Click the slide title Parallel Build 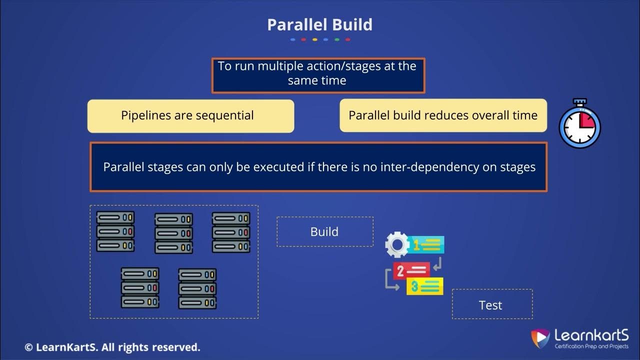click(319, 24)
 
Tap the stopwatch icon click(579, 124)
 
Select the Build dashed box click(324, 231)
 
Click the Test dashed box click(492, 304)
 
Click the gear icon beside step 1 click(397, 244)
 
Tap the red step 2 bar click(411, 270)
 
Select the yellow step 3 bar click(425, 286)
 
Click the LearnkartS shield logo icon click(540, 338)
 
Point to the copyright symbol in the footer click(29, 347)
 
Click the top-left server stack click(115, 231)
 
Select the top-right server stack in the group click(231, 232)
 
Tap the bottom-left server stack click(140, 287)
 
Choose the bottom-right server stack click(197, 288)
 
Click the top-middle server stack click(173, 233)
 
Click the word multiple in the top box click(280, 66)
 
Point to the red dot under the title click(303, 39)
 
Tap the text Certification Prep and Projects click(591, 346)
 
